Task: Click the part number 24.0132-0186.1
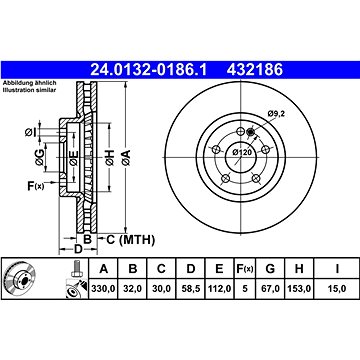pyautogui.click(x=149, y=70)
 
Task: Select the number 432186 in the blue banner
pyautogui.click(x=255, y=70)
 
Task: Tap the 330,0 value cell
pyautogui.click(x=103, y=288)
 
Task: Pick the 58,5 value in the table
pyautogui.click(x=190, y=288)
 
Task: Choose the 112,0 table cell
pyautogui.click(x=219, y=288)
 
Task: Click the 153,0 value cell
pyautogui.click(x=299, y=288)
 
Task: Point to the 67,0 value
pyautogui.click(x=270, y=288)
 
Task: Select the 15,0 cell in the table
pyautogui.click(x=337, y=288)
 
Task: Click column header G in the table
pyautogui.click(x=270, y=268)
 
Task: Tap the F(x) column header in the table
pyautogui.click(x=245, y=268)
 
